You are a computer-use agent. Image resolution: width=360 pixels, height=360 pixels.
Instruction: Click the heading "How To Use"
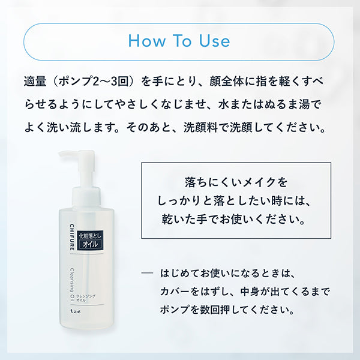click(179, 41)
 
